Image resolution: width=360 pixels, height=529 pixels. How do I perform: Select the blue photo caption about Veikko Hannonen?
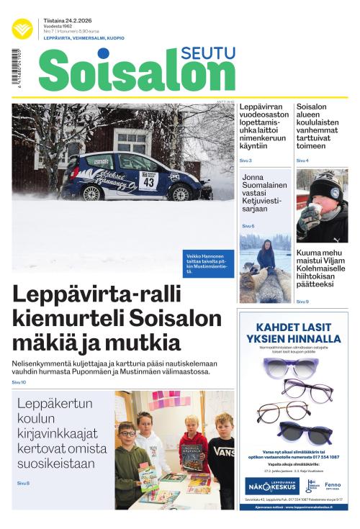(209, 263)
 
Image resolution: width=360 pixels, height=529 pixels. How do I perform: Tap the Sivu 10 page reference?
(19, 382)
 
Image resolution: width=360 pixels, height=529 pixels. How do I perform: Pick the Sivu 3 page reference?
(246, 160)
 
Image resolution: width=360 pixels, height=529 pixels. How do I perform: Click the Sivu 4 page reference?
(302, 160)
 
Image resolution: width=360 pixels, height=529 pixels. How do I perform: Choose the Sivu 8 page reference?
(23, 482)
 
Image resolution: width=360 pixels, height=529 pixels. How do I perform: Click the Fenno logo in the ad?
(325, 484)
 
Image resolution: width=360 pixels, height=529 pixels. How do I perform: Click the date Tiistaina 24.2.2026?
(68, 22)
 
